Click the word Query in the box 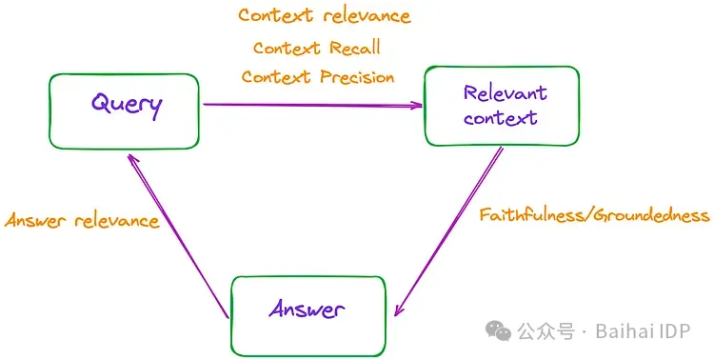tap(126, 103)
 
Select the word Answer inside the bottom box tap(307, 309)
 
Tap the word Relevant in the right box tap(505, 93)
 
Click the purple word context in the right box tap(501, 118)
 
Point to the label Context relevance tap(324, 16)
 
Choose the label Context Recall tap(317, 48)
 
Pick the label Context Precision tap(317, 77)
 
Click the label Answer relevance tap(82, 221)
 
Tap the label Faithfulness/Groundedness tap(594, 215)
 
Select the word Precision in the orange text tap(357, 77)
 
